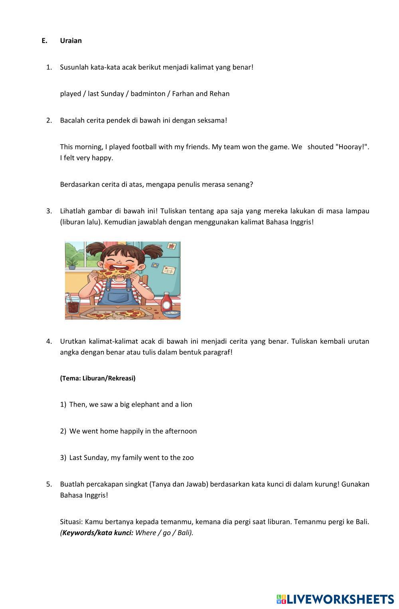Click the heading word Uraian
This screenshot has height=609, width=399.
[71, 41]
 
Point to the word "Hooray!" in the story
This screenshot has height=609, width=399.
[352, 147]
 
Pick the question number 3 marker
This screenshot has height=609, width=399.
[49, 211]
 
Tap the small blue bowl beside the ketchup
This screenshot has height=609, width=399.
[172, 314]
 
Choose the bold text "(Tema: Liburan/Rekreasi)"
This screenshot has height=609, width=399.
[98, 378]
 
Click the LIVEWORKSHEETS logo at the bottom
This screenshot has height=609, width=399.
[335, 599]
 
